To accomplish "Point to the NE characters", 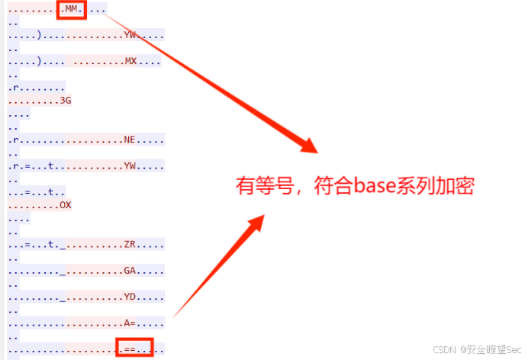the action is (x=130, y=140).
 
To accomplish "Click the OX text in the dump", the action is (x=66, y=206).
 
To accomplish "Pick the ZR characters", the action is (x=130, y=245).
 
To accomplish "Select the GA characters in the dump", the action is (x=130, y=271).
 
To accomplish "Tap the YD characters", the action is (x=130, y=297).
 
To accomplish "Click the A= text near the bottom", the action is (x=130, y=323).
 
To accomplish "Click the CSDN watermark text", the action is (x=444, y=349).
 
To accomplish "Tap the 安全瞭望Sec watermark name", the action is (x=491, y=349).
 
